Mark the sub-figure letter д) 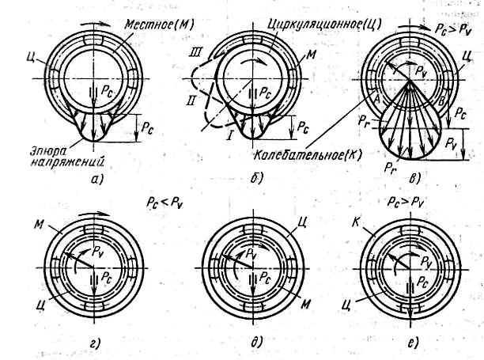[256, 342]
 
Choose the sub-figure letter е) [413, 343]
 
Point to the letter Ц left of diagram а [30, 57]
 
